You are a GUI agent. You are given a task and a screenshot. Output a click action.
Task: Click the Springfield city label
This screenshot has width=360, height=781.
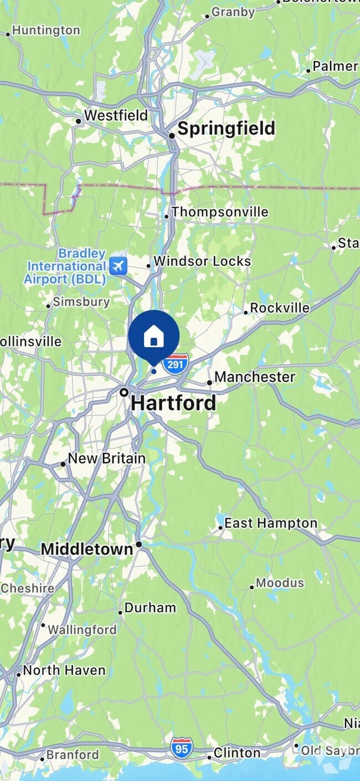(226, 129)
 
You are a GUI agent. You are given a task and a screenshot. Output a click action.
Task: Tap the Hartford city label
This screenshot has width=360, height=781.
(173, 403)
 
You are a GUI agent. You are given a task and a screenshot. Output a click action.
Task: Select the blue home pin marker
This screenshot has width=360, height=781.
(154, 336)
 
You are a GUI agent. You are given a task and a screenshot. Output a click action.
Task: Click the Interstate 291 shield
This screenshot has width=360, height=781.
(176, 364)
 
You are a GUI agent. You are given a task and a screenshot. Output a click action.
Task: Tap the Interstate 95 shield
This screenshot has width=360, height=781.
(181, 748)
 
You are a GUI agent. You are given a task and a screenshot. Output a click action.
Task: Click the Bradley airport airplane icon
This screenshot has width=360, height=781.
(118, 266)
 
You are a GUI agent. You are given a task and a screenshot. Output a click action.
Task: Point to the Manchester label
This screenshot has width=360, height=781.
(255, 377)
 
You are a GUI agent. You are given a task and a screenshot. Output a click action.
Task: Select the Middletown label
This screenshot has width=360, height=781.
(87, 549)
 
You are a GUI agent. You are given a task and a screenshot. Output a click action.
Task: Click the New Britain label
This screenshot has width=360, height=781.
(107, 459)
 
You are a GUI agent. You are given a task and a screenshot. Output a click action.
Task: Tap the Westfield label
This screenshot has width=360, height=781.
(116, 116)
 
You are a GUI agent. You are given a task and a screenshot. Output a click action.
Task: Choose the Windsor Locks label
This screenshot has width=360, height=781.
(202, 261)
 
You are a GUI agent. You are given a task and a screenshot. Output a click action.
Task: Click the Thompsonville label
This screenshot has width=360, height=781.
(220, 212)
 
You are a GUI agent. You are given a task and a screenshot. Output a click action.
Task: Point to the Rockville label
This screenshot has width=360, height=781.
(280, 308)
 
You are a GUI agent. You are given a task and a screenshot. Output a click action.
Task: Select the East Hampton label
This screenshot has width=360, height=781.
(271, 523)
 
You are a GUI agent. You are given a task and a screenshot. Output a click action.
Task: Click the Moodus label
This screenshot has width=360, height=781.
(280, 583)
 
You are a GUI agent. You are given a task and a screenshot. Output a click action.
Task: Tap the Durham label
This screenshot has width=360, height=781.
(150, 608)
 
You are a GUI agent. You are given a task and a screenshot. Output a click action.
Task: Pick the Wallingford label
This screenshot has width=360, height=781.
(82, 630)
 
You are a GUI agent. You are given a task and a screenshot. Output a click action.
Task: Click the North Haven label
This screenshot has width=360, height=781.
(64, 670)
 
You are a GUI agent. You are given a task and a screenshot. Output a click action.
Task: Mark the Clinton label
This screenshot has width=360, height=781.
(237, 753)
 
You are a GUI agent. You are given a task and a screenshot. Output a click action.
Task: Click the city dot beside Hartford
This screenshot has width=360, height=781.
(125, 392)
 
